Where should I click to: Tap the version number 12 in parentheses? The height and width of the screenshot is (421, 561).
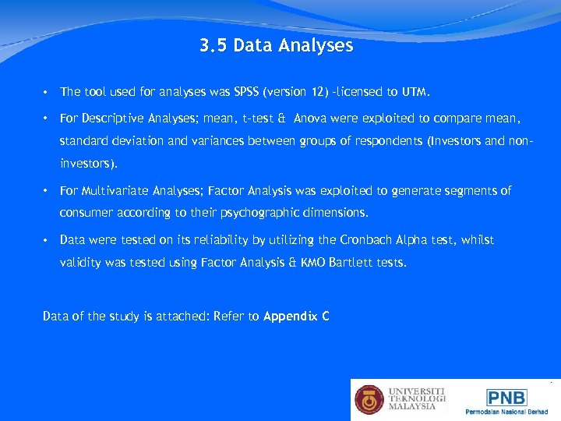point(319,92)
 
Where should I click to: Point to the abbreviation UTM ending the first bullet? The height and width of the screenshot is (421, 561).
point(415,92)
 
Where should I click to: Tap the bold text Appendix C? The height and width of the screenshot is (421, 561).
point(296,317)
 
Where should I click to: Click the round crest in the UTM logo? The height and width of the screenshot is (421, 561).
point(369,400)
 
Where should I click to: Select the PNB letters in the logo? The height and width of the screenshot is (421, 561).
point(506,396)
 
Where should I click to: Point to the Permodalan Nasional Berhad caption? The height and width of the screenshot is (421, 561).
point(506,412)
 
